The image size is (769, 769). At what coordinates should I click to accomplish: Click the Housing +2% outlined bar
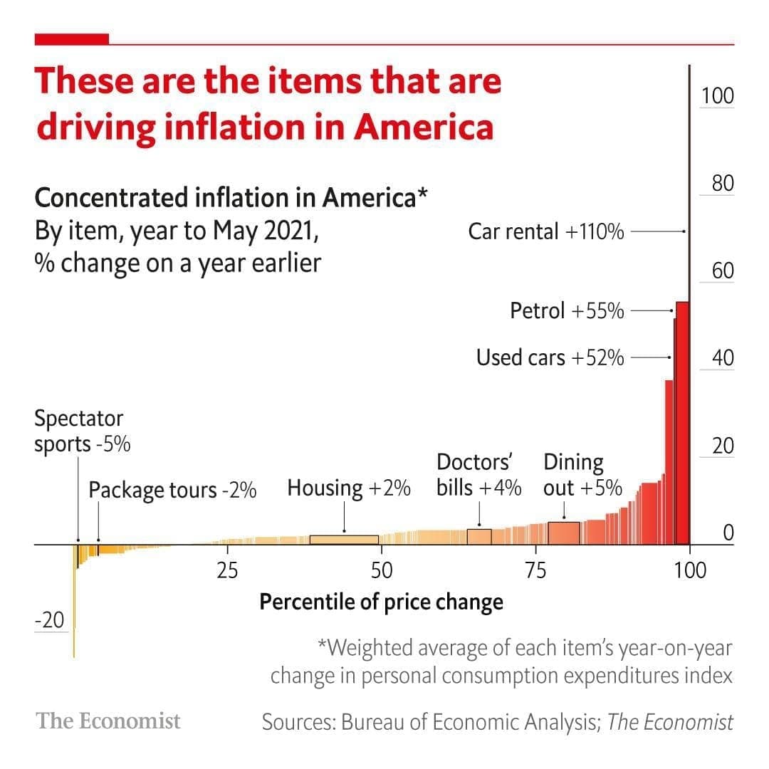point(344,540)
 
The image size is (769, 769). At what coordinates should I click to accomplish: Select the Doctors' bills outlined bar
point(479,537)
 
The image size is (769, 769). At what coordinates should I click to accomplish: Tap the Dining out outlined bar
point(564,533)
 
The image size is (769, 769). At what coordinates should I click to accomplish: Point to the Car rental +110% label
point(546,231)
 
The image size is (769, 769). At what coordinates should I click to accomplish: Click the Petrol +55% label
point(567,310)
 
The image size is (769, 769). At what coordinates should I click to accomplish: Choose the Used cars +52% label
point(550,357)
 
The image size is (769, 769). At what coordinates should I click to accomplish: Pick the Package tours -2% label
point(172,490)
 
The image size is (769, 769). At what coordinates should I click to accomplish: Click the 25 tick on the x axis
point(227,570)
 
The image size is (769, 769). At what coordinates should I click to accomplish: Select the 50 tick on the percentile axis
point(382,570)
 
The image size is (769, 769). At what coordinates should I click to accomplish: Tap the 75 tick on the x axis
point(535,570)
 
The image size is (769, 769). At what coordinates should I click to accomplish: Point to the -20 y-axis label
point(49,620)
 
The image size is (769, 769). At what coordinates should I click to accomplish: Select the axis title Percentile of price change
point(381,602)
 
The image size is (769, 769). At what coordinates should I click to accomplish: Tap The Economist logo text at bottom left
point(109,721)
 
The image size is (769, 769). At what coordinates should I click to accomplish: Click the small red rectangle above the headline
point(72,38)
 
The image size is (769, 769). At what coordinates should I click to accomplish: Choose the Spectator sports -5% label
point(82,431)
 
